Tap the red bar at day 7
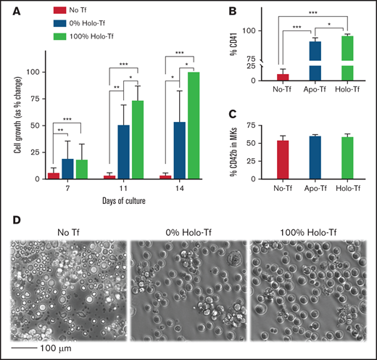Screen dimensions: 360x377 pyautogui.click(x=55, y=175)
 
